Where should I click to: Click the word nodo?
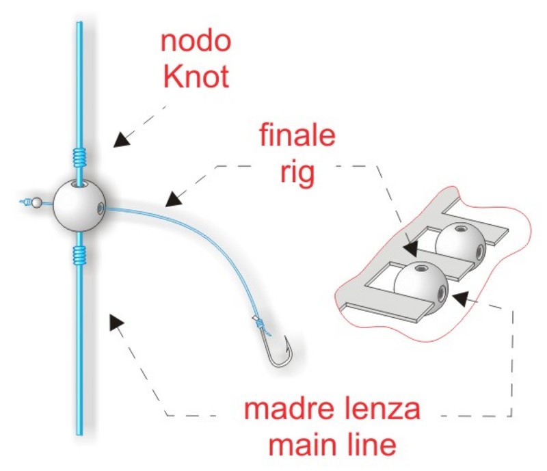click(196, 41)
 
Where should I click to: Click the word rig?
click(297, 172)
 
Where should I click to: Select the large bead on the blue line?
click(79, 205)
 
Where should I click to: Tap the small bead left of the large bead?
click(36, 202)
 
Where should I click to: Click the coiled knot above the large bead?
click(79, 157)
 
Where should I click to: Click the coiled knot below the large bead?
click(79, 255)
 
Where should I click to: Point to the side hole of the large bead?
click(100, 208)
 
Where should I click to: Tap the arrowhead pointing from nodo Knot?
click(121, 139)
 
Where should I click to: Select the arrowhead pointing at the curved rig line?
click(174, 199)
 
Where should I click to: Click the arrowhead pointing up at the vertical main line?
click(116, 322)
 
